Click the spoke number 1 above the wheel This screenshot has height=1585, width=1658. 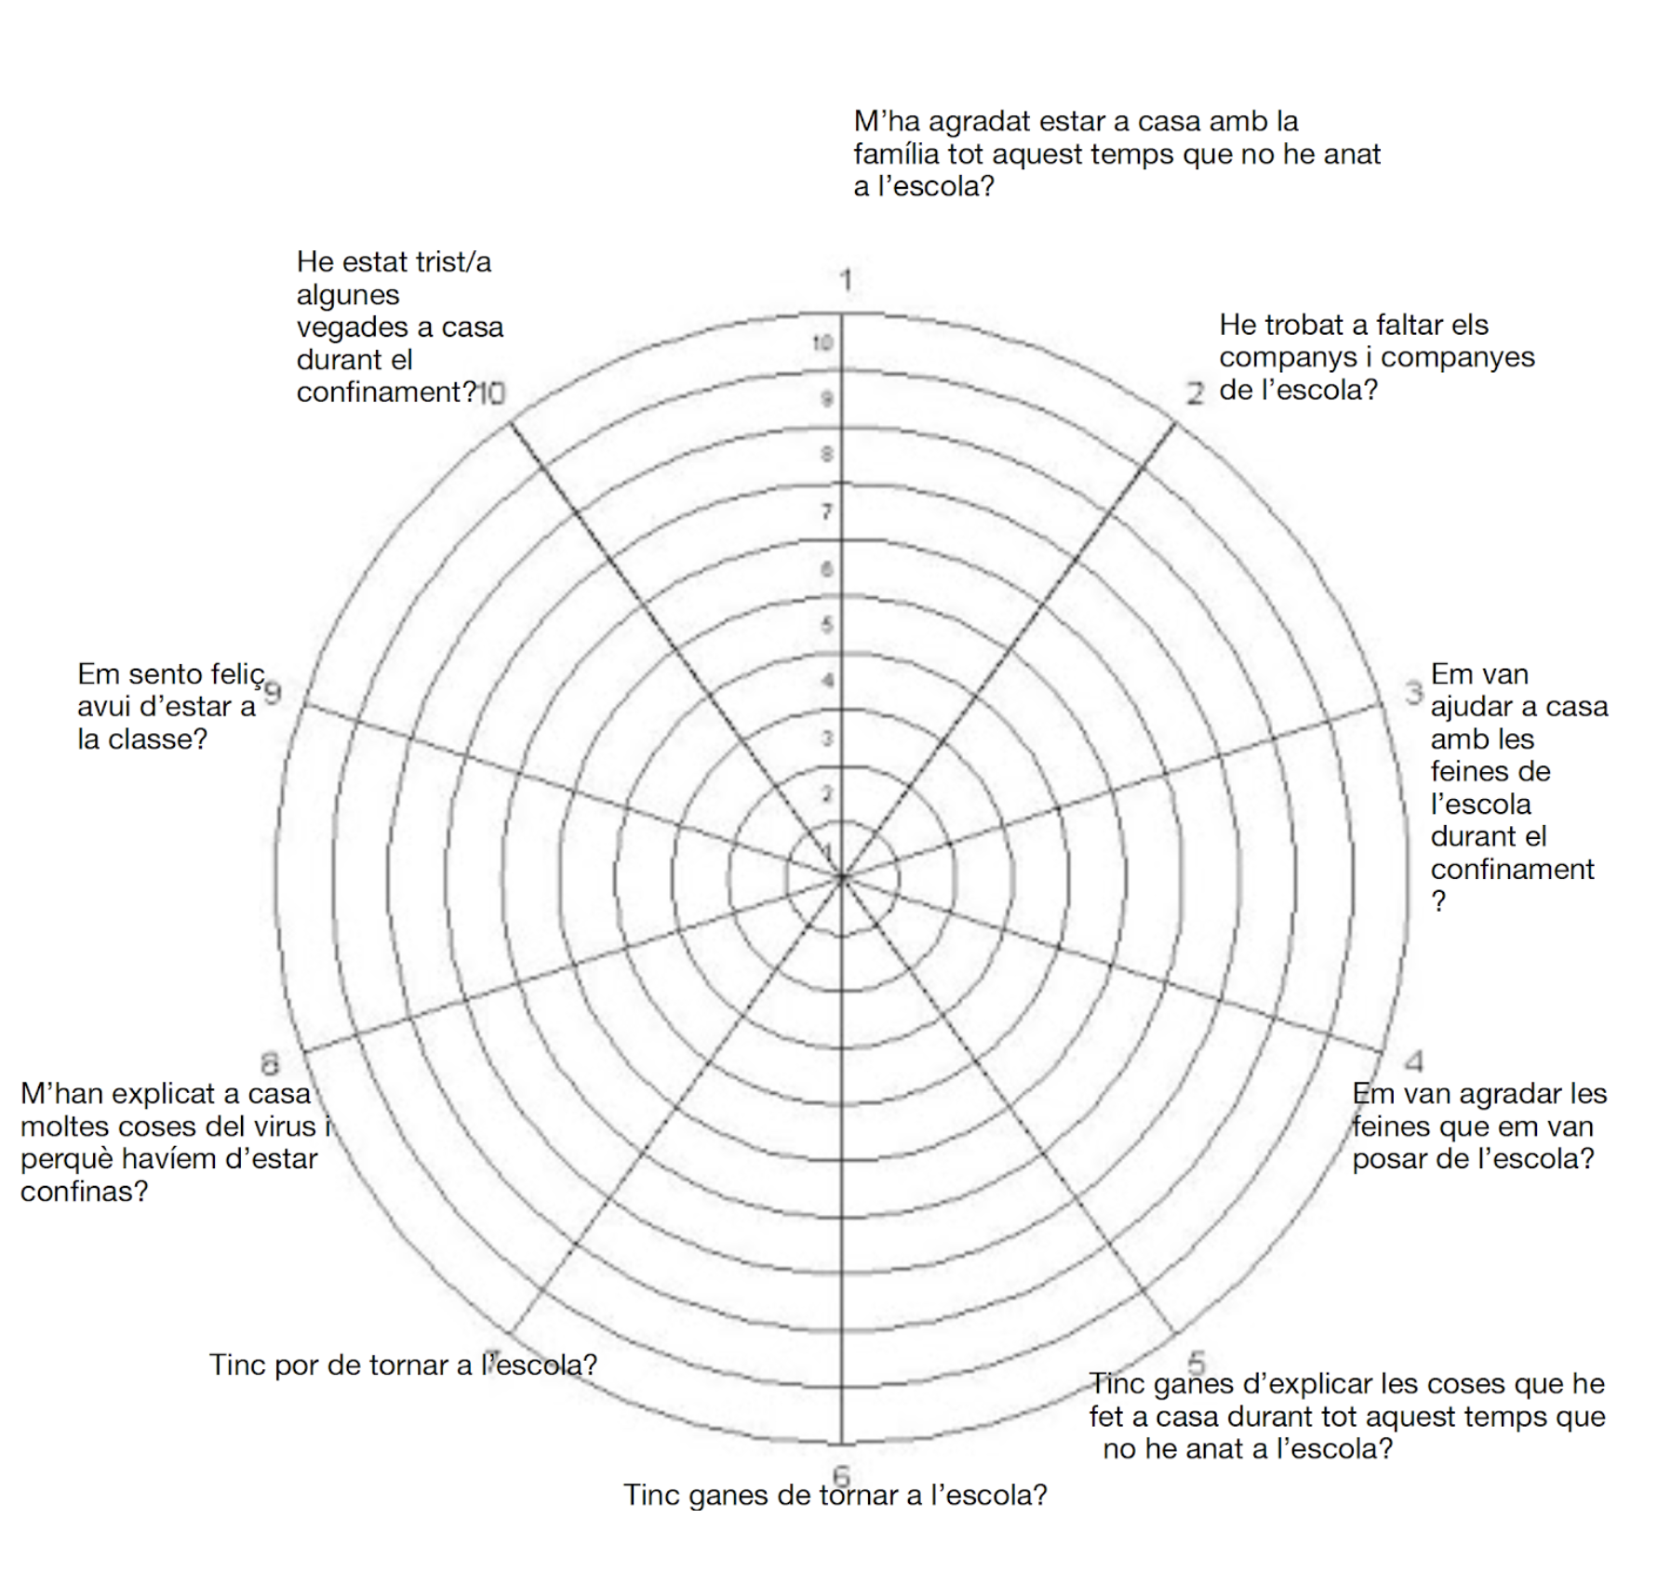coord(846,279)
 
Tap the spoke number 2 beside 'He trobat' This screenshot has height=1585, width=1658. coord(1195,393)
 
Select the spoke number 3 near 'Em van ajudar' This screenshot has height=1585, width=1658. coord(1414,693)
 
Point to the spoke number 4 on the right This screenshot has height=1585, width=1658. coord(1414,1060)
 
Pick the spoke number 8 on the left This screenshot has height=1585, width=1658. coord(269,1063)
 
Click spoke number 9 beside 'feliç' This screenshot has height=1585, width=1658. coord(273,693)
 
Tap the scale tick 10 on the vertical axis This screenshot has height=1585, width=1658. coord(822,343)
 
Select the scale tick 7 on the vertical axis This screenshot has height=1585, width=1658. coord(826,512)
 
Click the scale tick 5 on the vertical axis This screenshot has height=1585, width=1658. coord(826,624)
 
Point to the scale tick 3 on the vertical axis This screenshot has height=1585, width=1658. coord(826,739)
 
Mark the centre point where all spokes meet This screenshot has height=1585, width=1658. coord(842,876)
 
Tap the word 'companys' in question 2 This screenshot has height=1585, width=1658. coord(1288,357)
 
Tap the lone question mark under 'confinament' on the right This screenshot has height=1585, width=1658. coord(1438,900)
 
